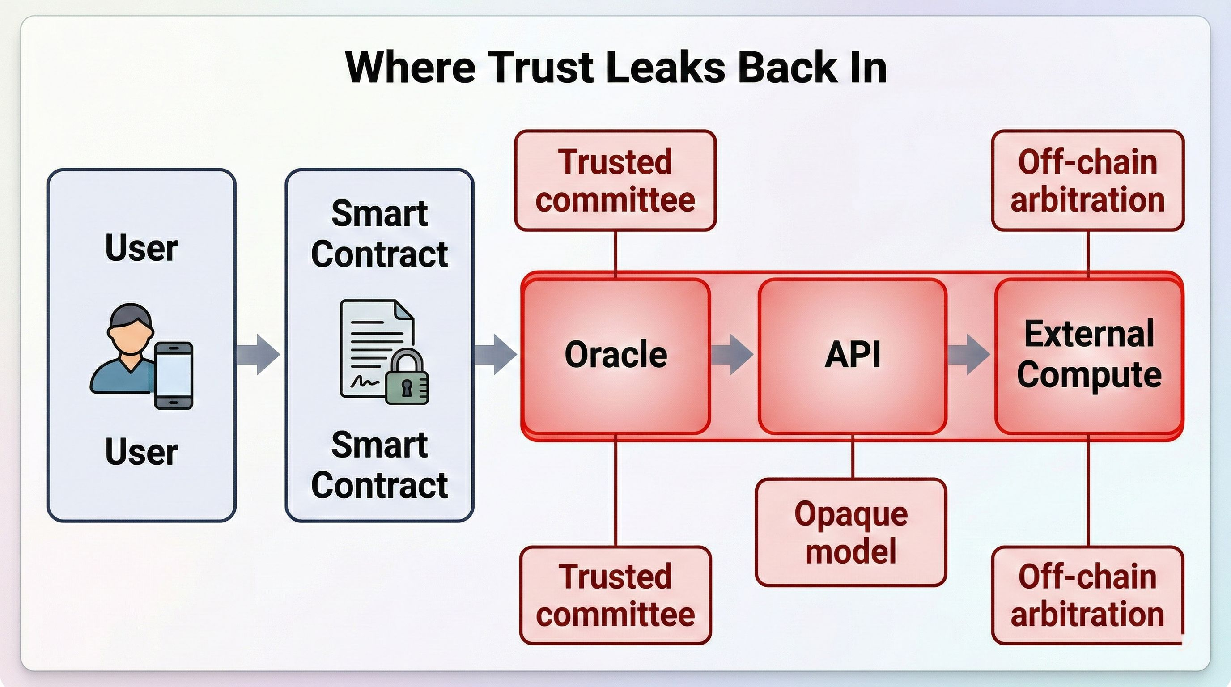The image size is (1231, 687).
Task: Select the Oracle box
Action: (615, 356)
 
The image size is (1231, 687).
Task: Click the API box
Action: (853, 356)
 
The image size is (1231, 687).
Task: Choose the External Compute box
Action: (1089, 356)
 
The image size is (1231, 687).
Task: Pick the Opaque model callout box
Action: (851, 532)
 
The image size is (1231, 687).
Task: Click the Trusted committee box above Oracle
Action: (615, 181)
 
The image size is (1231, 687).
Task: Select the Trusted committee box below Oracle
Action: (615, 595)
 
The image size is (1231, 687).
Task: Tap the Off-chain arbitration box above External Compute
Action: (1088, 181)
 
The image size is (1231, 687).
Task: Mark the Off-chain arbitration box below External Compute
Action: (1088, 595)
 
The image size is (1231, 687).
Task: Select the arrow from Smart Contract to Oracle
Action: (496, 354)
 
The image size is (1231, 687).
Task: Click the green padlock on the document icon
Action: (407, 378)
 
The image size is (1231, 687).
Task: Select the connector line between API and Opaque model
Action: (853, 457)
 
